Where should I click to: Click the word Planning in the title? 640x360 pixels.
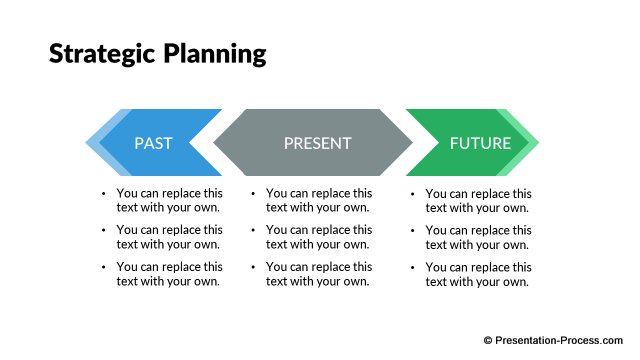click(212, 55)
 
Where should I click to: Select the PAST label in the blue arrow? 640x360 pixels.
click(153, 143)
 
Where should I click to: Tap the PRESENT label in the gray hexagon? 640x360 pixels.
click(317, 143)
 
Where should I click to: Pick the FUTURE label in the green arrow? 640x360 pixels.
click(480, 143)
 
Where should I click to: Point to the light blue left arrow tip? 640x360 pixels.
click(95, 143)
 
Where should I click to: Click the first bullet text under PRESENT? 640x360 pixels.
click(319, 200)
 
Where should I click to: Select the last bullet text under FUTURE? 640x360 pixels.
click(478, 274)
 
